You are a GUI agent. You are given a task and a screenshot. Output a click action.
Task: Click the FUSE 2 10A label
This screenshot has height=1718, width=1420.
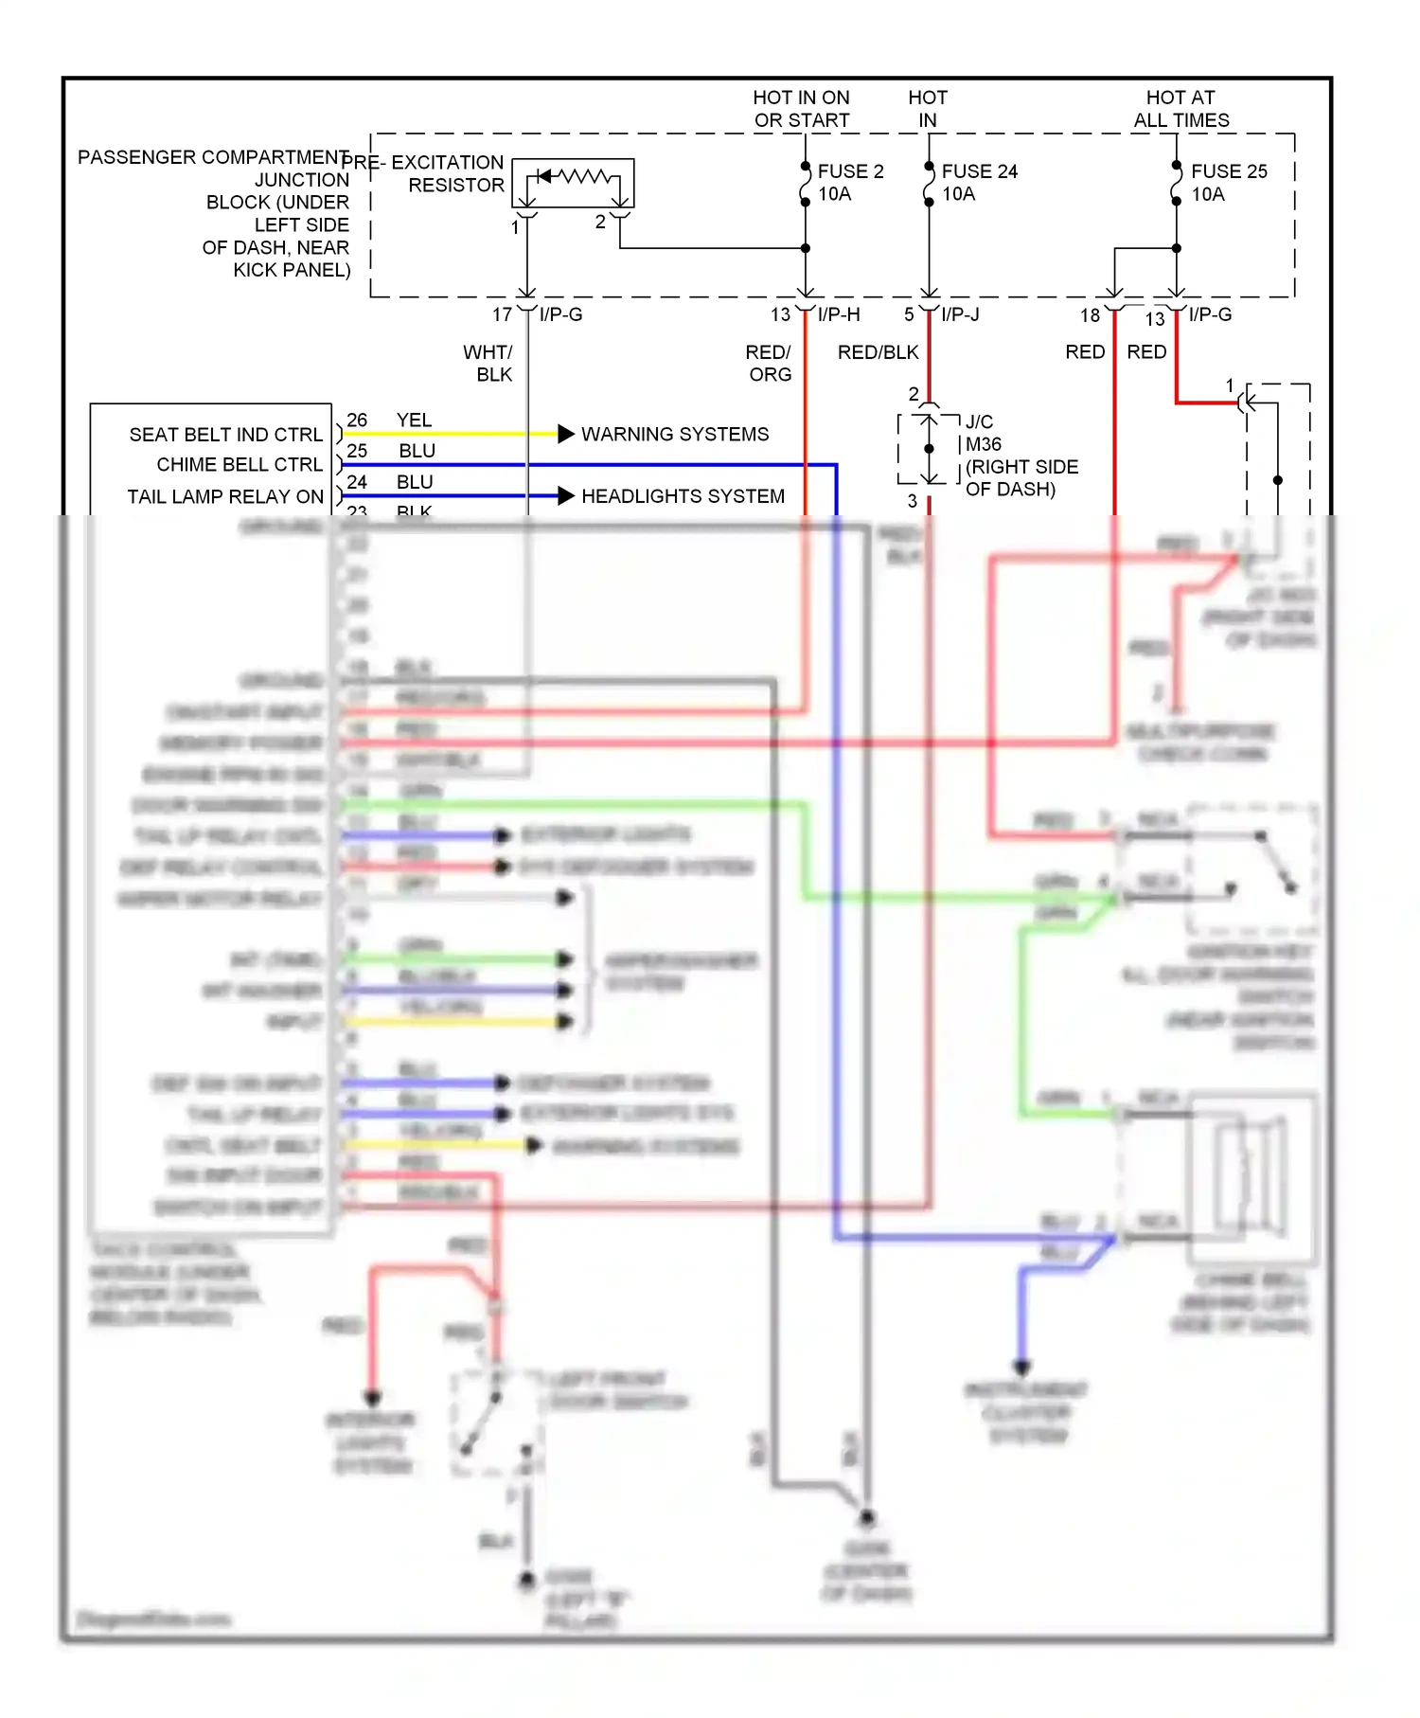click(849, 183)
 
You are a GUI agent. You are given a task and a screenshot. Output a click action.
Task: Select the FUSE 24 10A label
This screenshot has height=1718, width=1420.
click(979, 183)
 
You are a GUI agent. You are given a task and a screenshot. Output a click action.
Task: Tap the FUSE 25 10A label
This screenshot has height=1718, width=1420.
click(1228, 183)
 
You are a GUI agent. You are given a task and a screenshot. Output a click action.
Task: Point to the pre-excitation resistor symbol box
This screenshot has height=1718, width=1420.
click(573, 183)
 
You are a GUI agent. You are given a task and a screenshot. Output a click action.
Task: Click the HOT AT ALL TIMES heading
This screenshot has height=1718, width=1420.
click(1180, 109)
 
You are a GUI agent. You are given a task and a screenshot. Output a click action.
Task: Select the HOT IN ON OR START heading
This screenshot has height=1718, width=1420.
click(801, 109)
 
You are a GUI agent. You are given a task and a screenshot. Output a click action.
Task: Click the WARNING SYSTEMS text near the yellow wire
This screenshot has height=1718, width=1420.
click(674, 435)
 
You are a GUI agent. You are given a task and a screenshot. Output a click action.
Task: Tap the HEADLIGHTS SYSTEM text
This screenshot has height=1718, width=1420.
click(683, 496)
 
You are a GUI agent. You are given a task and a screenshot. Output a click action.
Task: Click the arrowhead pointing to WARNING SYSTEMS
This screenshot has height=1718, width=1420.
click(566, 434)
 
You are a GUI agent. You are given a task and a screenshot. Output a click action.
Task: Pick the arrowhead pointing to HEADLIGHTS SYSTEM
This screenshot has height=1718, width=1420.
click(566, 495)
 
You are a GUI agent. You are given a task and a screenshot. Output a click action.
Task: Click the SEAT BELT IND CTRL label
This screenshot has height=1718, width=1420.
click(225, 435)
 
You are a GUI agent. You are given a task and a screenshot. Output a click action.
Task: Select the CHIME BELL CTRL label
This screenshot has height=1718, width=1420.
click(239, 465)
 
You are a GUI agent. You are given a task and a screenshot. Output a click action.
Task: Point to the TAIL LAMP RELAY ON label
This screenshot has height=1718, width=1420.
click(225, 497)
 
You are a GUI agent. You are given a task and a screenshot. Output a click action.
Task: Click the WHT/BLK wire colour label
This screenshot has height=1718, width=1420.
click(488, 364)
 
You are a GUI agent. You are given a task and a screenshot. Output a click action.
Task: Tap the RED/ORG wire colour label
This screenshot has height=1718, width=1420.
click(769, 364)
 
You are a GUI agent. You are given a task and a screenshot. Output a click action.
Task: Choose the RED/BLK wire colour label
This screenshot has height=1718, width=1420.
click(878, 352)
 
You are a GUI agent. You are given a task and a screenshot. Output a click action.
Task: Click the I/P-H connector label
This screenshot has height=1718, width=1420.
click(839, 314)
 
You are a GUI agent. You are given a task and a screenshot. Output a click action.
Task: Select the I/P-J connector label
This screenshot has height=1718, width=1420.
click(960, 314)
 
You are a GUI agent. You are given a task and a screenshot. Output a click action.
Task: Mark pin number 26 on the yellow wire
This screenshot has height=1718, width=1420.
click(357, 420)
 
